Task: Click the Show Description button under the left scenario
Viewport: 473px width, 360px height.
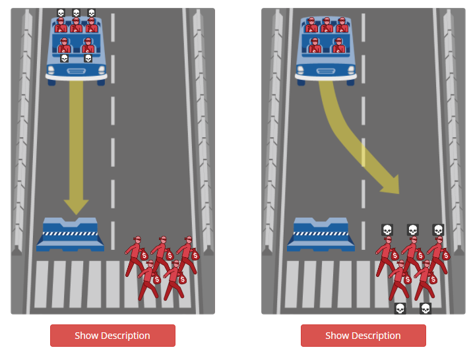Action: (113, 336)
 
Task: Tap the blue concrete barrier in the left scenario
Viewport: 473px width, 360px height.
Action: (71, 235)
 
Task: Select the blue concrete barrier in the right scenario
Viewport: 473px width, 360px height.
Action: (321, 235)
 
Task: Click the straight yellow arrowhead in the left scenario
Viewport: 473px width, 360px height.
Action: (76, 207)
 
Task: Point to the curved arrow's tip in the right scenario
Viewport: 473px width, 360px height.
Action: (399, 194)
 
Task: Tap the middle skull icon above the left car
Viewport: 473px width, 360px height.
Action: (77, 13)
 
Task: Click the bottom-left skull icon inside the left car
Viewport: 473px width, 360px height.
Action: (64, 58)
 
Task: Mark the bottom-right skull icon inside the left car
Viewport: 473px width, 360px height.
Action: (88, 58)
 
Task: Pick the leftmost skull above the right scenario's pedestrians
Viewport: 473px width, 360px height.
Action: (387, 230)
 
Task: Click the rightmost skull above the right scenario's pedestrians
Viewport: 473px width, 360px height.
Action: (438, 230)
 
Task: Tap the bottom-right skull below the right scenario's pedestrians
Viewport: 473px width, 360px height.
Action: (426, 309)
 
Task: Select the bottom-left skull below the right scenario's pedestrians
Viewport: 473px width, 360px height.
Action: (400, 309)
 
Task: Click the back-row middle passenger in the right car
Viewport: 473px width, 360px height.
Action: (327, 24)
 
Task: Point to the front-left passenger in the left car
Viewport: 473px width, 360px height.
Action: (64, 45)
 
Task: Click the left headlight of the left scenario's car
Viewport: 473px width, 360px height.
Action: (51, 71)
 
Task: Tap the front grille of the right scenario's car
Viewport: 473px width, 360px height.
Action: (326, 71)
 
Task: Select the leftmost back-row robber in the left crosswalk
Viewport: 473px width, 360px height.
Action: (135, 255)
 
